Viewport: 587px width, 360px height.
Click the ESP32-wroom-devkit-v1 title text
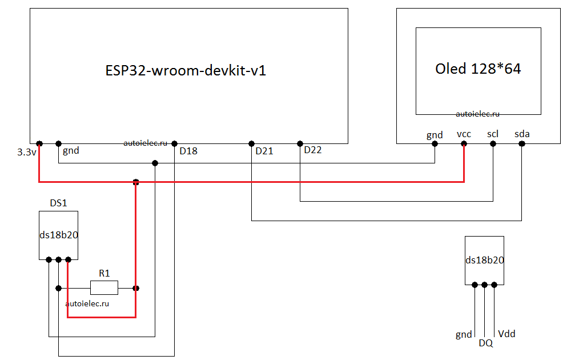(x=186, y=71)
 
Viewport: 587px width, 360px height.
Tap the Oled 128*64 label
(x=478, y=69)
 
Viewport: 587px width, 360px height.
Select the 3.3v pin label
(x=27, y=153)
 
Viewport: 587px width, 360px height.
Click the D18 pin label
(x=188, y=151)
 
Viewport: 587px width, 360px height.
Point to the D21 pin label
(x=264, y=151)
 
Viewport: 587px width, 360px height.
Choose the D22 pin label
(x=313, y=150)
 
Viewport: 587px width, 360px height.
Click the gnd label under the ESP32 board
(x=71, y=151)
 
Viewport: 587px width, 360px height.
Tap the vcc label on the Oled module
(x=464, y=134)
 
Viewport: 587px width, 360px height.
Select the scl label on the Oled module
(x=493, y=134)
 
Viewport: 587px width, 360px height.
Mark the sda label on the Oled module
(x=522, y=134)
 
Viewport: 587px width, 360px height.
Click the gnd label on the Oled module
(x=435, y=135)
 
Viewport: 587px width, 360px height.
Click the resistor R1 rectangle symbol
(x=104, y=287)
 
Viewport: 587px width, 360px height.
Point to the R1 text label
(x=104, y=274)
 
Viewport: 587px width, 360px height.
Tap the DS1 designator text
(x=58, y=203)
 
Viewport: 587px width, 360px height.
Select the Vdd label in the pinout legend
(x=506, y=334)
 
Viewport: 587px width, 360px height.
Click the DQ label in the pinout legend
(x=485, y=343)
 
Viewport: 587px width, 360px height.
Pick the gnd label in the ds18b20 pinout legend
(x=464, y=334)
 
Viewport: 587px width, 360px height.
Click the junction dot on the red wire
(x=136, y=182)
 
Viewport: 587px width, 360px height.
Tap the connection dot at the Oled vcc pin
(x=464, y=144)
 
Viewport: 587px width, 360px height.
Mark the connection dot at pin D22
(x=300, y=143)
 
